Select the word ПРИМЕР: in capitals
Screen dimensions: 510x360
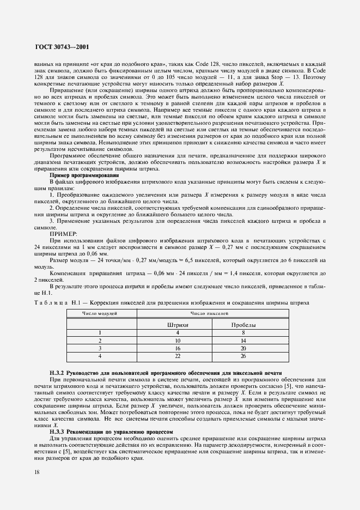tap(64, 233)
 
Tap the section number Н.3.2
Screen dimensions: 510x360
tap(58, 373)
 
